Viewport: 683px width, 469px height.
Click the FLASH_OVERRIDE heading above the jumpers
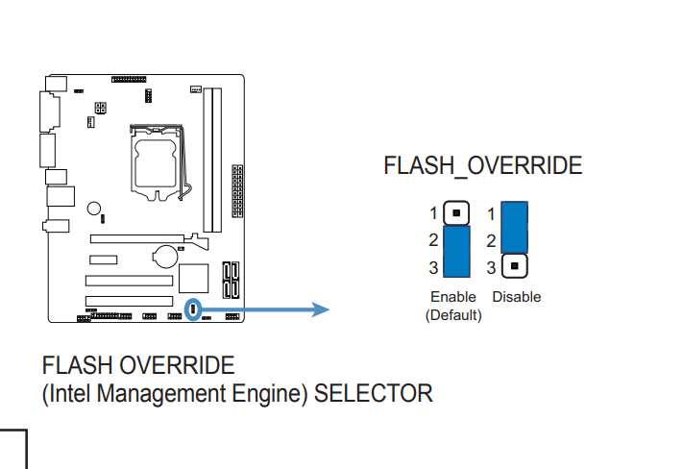click(x=482, y=165)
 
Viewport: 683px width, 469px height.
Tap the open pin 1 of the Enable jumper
click(x=457, y=212)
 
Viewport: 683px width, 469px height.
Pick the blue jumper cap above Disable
click(x=515, y=227)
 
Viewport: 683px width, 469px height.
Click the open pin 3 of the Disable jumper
click(x=515, y=265)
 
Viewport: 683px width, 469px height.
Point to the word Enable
click(x=453, y=297)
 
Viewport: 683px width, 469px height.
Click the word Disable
click(x=517, y=297)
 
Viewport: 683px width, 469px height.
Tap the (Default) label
click(x=453, y=314)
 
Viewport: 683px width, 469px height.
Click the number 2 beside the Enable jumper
click(x=434, y=240)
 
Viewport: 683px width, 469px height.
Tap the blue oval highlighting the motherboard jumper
click(x=194, y=309)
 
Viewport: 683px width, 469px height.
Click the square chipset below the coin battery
click(x=194, y=277)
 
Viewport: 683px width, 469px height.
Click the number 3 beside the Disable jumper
click(x=492, y=267)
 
